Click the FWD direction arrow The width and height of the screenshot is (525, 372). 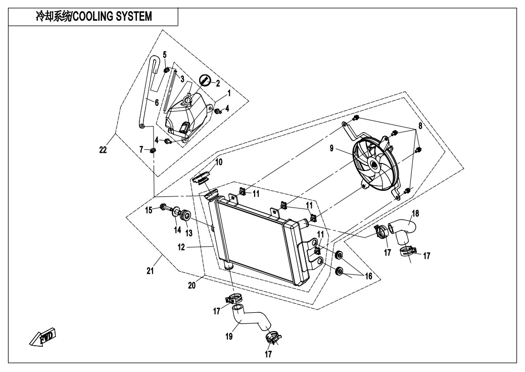tap(42, 338)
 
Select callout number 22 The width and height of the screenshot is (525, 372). tap(103, 150)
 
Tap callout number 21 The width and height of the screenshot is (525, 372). tap(150, 272)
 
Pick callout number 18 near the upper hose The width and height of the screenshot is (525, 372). tap(416, 213)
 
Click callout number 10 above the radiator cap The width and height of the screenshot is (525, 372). tap(218, 162)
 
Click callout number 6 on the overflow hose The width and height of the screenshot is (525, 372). tap(157, 102)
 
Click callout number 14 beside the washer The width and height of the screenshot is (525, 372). tap(177, 230)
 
